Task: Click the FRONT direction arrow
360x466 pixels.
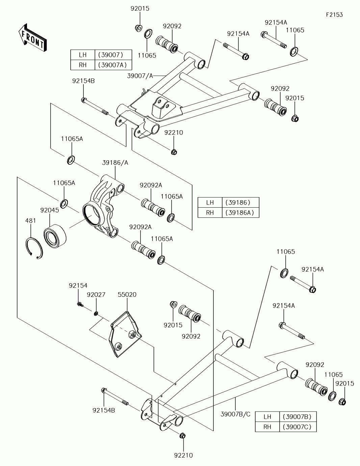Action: pos(32,38)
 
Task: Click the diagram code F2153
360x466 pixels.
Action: pos(334,15)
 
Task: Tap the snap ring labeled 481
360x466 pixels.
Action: pos(34,248)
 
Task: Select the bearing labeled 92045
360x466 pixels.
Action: pos(55,236)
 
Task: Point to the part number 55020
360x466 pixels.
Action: pos(127,295)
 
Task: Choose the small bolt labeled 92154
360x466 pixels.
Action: pos(80,304)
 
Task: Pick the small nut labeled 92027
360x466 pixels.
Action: pos(96,313)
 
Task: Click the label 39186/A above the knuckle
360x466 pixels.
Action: pos(115,163)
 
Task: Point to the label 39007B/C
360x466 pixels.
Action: pos(235,414)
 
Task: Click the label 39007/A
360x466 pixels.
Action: pos(140,76)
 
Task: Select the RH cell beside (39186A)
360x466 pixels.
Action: pos(210,212)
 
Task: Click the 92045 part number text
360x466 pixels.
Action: pos(49,210)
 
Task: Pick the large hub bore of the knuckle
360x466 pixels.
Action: pos(92,214)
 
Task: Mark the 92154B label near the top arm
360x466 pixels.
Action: pos(83,81)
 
